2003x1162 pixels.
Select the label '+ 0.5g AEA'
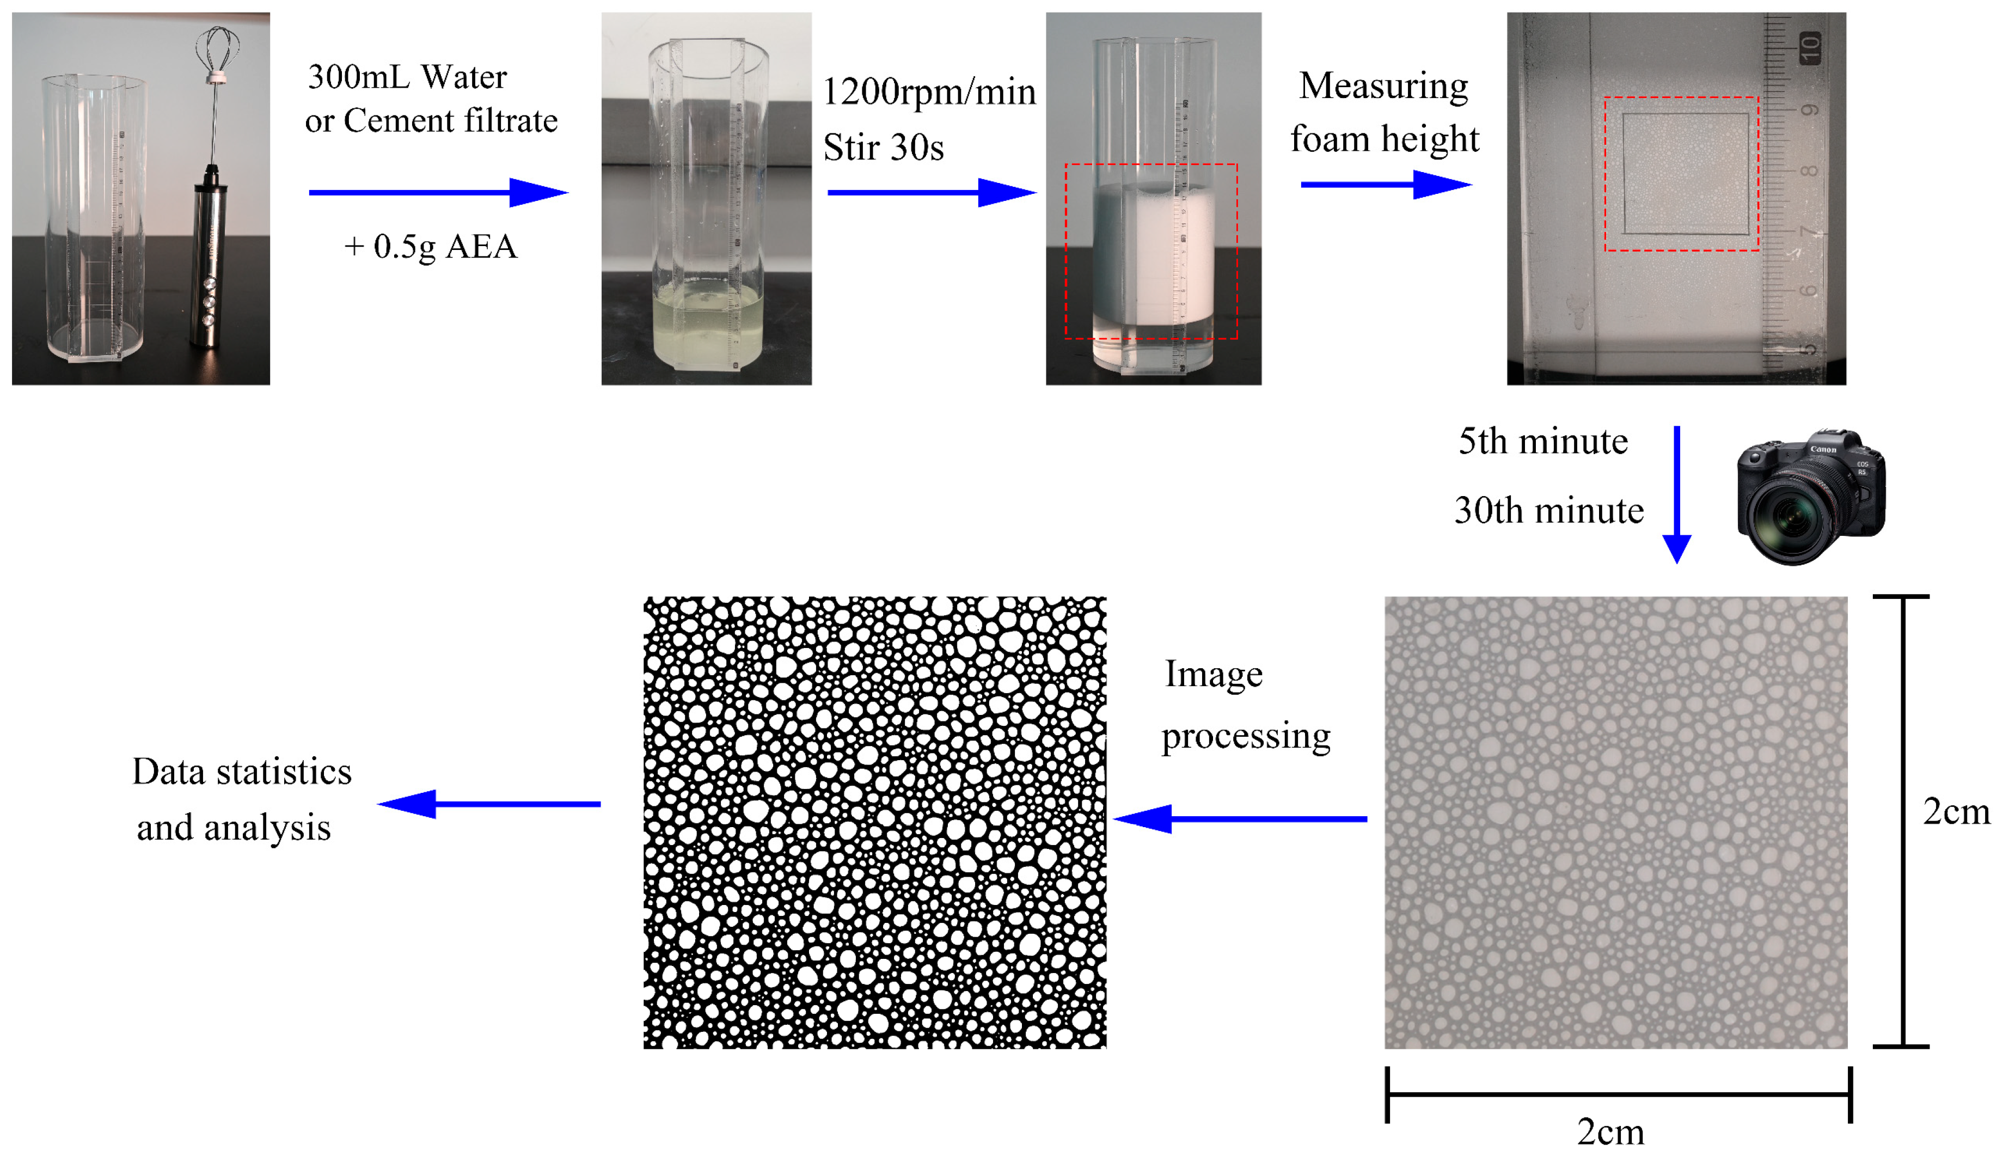(x=430, y=246)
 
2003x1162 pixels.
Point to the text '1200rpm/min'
(x=928, y=92)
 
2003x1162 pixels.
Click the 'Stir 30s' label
(x=883, y=148)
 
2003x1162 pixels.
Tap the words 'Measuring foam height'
(x=1384, y=112)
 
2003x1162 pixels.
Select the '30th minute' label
(x=1548, y=510)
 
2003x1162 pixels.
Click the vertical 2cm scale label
(x=1955, y=811)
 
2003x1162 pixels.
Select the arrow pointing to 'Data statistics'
(x=489, y=804)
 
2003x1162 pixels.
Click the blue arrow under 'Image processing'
(x=1240, y=818)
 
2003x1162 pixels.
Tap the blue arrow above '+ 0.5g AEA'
(x=438, y=192)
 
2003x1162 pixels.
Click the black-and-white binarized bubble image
(x=874, y=823)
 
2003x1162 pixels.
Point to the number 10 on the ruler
(x=1810, y=47)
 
